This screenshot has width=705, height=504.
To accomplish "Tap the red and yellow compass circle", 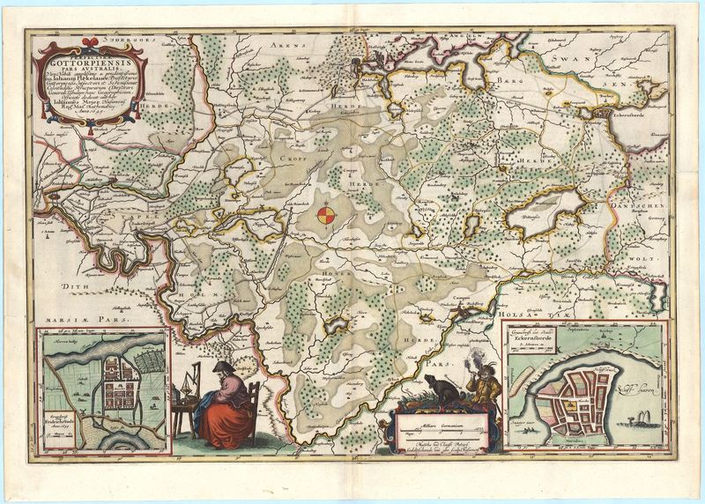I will (x=326, y=214).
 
